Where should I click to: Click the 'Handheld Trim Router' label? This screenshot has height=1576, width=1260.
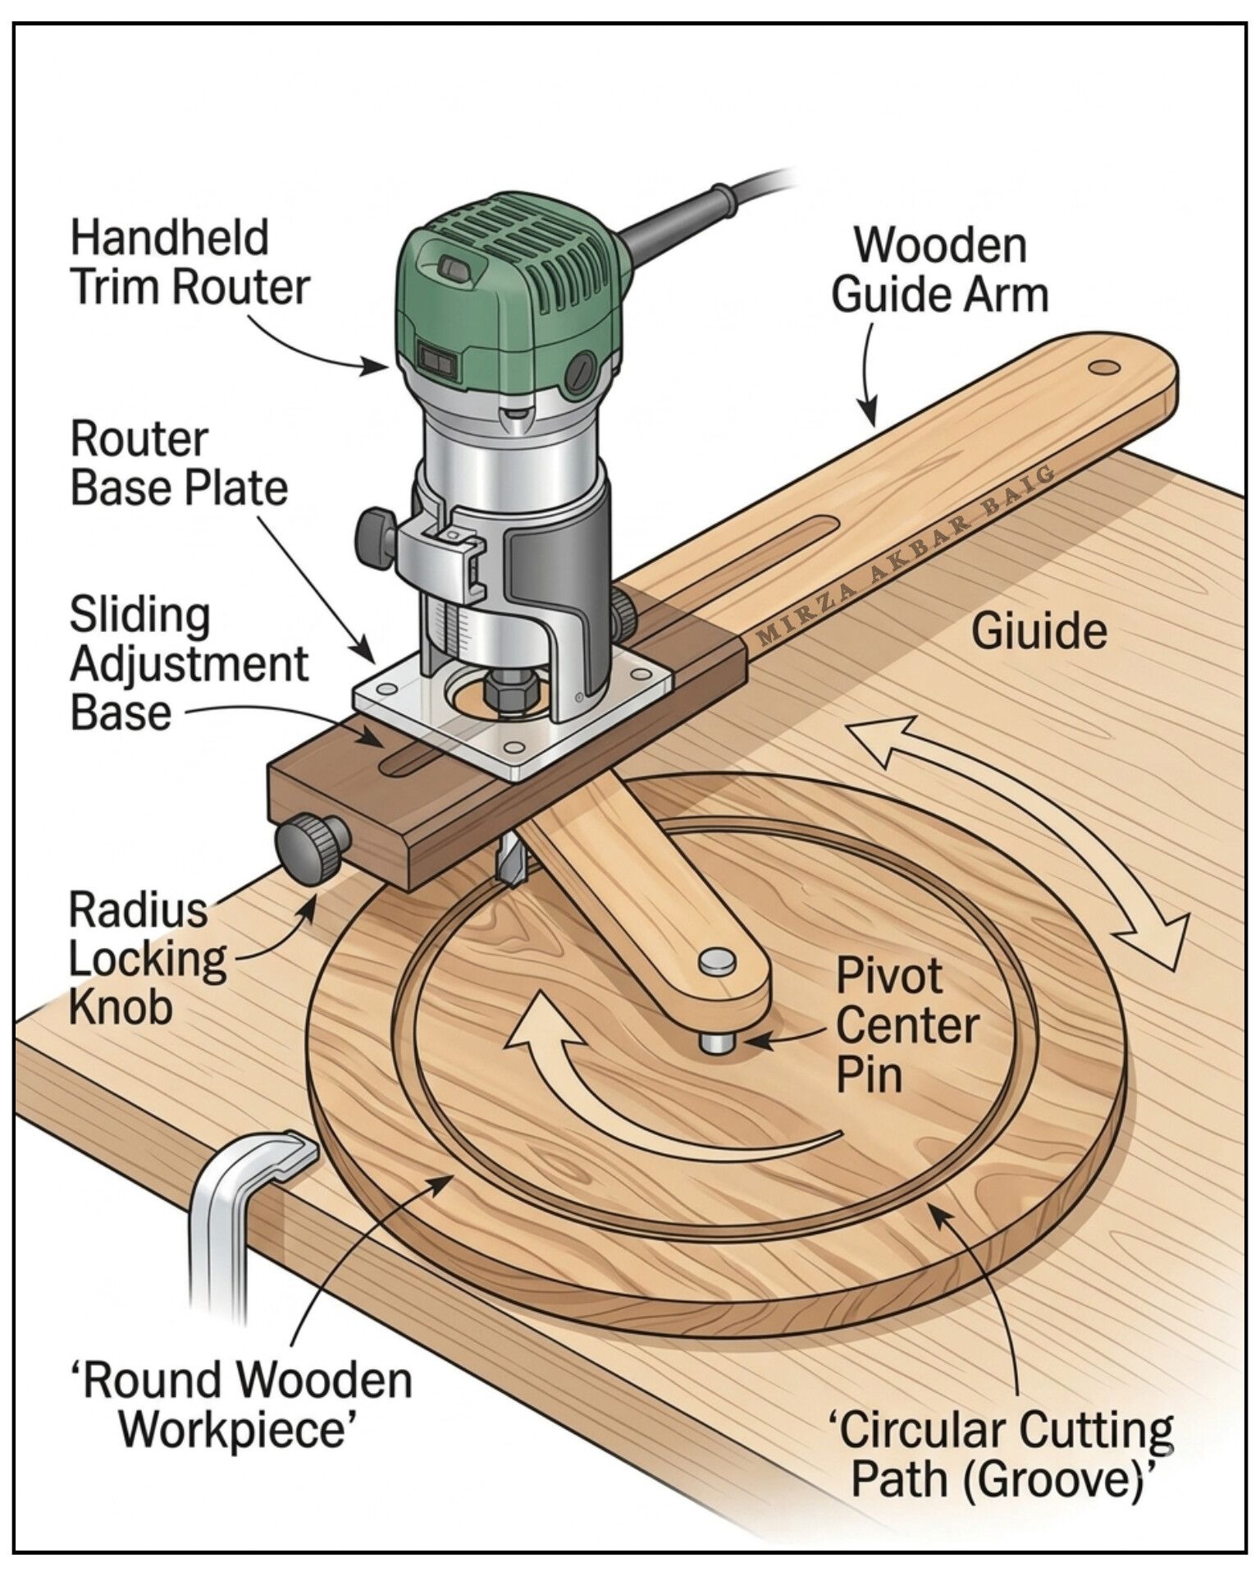pyautogui.click(x=189, y=262)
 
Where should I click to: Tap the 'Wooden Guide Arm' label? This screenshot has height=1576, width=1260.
pyautogui.click(x=940, y=270)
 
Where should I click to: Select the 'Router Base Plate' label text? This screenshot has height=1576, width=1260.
pyautogui.click(x=179, y=464)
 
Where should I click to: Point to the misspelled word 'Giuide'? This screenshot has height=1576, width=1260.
pyautogui.click(x=1039, y=632)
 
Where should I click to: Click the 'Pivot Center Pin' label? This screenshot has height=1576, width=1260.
pyautogui.click(x=907, y=1025)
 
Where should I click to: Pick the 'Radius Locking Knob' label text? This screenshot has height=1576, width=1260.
pyautogui.click(x=147, y=957)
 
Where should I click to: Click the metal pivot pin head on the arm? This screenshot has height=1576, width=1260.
pyautogui.click(x=717, y=961)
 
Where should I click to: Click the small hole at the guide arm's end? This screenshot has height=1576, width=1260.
pyautogui.click(x=1104, y=367)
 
